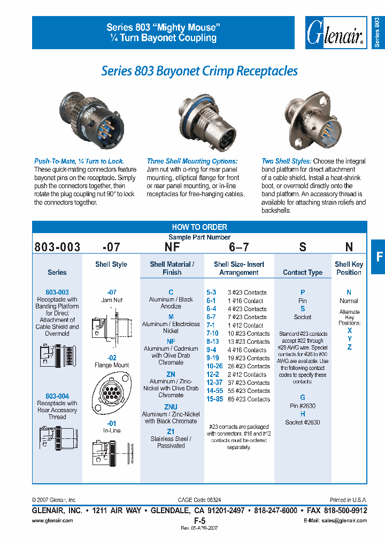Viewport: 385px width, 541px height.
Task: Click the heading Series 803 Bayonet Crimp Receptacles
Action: [x=199, y=71]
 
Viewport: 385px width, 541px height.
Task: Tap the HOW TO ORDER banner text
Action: [x=199, y=227]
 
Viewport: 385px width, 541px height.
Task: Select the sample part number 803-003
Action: [x=57, y=247]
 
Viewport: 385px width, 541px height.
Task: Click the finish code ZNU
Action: [x=171, y=407]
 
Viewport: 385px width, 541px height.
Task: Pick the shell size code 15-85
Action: [x=214, y=399]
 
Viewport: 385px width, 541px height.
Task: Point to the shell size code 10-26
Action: [x=214, y=366]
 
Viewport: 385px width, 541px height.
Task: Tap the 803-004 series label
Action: [x=57, y=396]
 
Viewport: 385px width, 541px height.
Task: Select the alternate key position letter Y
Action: [x=349, y=339]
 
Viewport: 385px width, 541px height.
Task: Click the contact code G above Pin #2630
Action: [x=303, y=397]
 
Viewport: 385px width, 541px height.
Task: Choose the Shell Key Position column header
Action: [x=349, y=268]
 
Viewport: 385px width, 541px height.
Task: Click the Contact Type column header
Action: [x=303, y=273]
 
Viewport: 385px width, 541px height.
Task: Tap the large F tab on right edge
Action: [x=379, y=257]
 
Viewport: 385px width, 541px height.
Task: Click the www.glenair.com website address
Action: [x=52, y=520]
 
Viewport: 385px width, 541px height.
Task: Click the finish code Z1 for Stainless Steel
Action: [x=171, y=431]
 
